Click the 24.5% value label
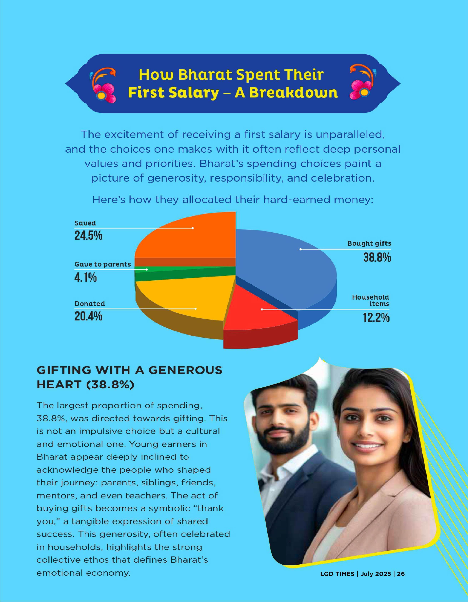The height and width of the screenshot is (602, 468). [88, 236]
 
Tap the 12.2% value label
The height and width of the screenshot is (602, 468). [376, 318]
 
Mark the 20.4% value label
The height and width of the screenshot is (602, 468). [88, 316]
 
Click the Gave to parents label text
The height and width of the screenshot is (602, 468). [102, 264]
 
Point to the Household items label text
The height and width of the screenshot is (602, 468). [371, 300]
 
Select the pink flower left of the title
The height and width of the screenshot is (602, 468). [104, 92]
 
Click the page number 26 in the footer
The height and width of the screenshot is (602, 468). [401, 574]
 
